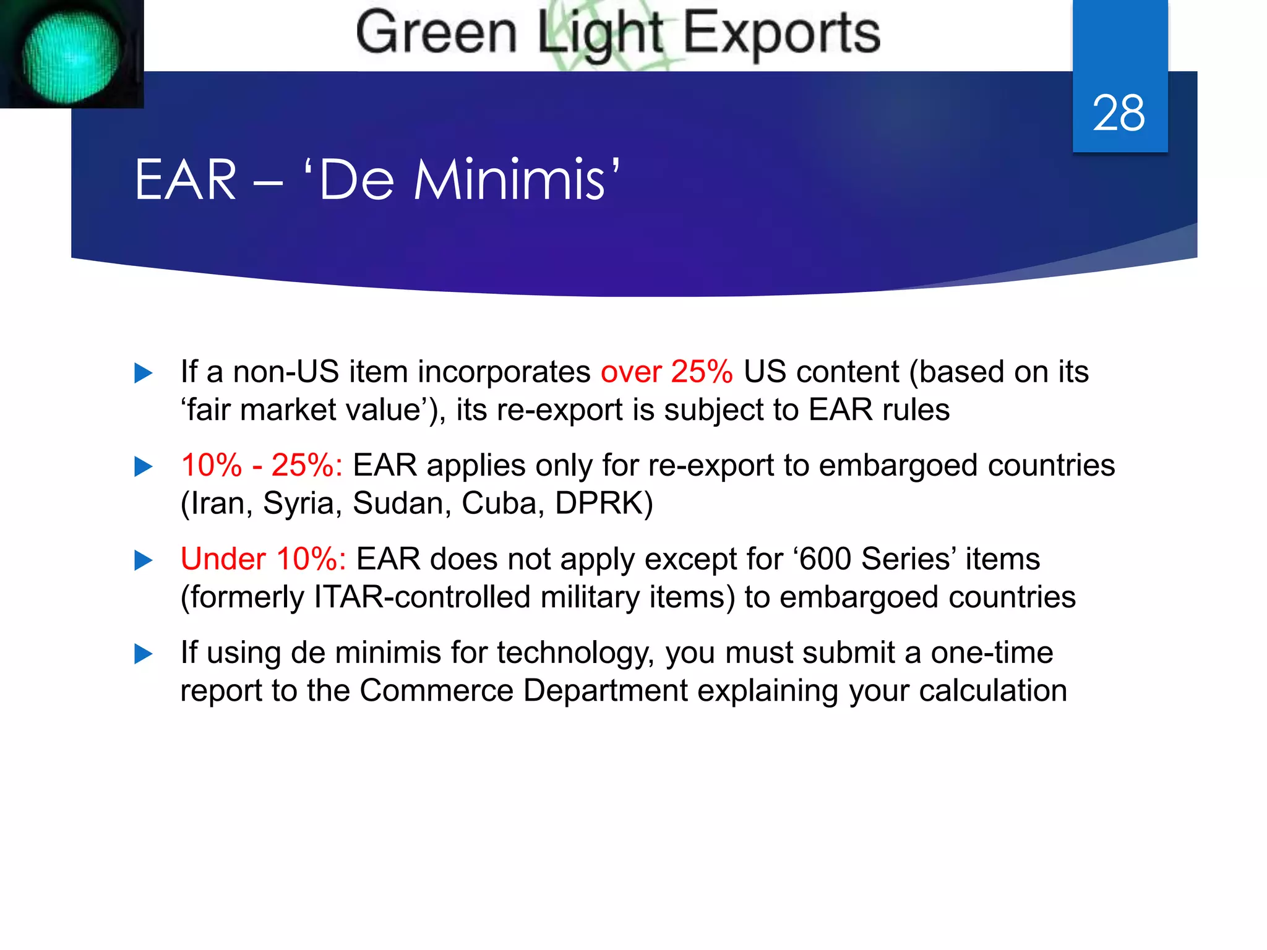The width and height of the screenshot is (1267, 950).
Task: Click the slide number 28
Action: tap(1119, 113)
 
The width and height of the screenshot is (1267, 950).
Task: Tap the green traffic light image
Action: tap(71, 56)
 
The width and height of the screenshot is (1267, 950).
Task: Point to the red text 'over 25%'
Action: tap(666, 372)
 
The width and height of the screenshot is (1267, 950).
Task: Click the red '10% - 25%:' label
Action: tap(262, 465)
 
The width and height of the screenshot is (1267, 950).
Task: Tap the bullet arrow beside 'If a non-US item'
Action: tap(144, 373)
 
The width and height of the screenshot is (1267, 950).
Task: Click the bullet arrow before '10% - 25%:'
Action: tap(144, 466)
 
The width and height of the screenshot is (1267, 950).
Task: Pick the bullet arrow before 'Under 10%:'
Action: tap(144, 560)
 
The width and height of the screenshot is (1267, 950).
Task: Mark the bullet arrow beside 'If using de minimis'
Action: tap(144, 654)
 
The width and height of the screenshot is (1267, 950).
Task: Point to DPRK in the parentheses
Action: tap(598, 503)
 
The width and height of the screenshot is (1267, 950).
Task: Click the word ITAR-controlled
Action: tap(422, 597)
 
